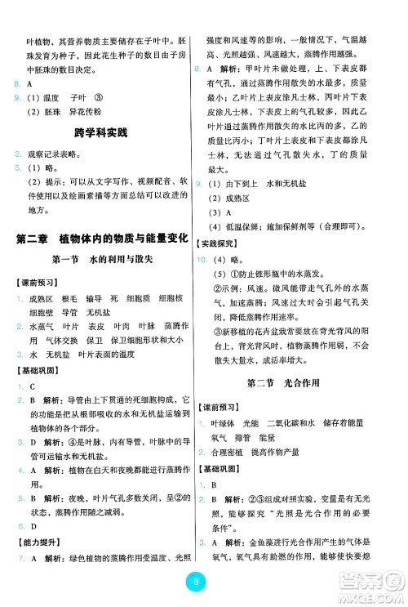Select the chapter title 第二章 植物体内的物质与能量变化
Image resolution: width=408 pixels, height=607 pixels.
click(102, 239)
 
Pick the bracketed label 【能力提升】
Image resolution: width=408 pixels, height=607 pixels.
click(35, 541)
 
